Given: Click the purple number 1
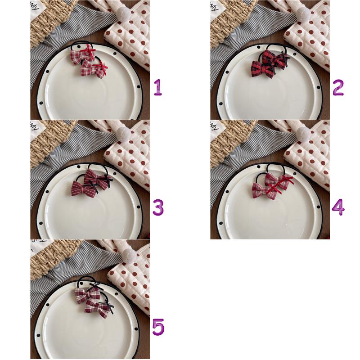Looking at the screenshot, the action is [158, 87].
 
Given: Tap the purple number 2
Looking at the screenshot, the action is [338, 87].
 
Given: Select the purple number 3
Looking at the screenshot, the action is [158, 207].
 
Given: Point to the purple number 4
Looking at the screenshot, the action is [338, 207].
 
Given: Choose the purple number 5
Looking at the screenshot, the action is [158, 327].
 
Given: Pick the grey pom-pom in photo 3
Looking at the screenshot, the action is [124, 133].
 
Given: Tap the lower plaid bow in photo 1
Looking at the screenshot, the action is [94, 68].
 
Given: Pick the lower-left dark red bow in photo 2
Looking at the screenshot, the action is [263, 68].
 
